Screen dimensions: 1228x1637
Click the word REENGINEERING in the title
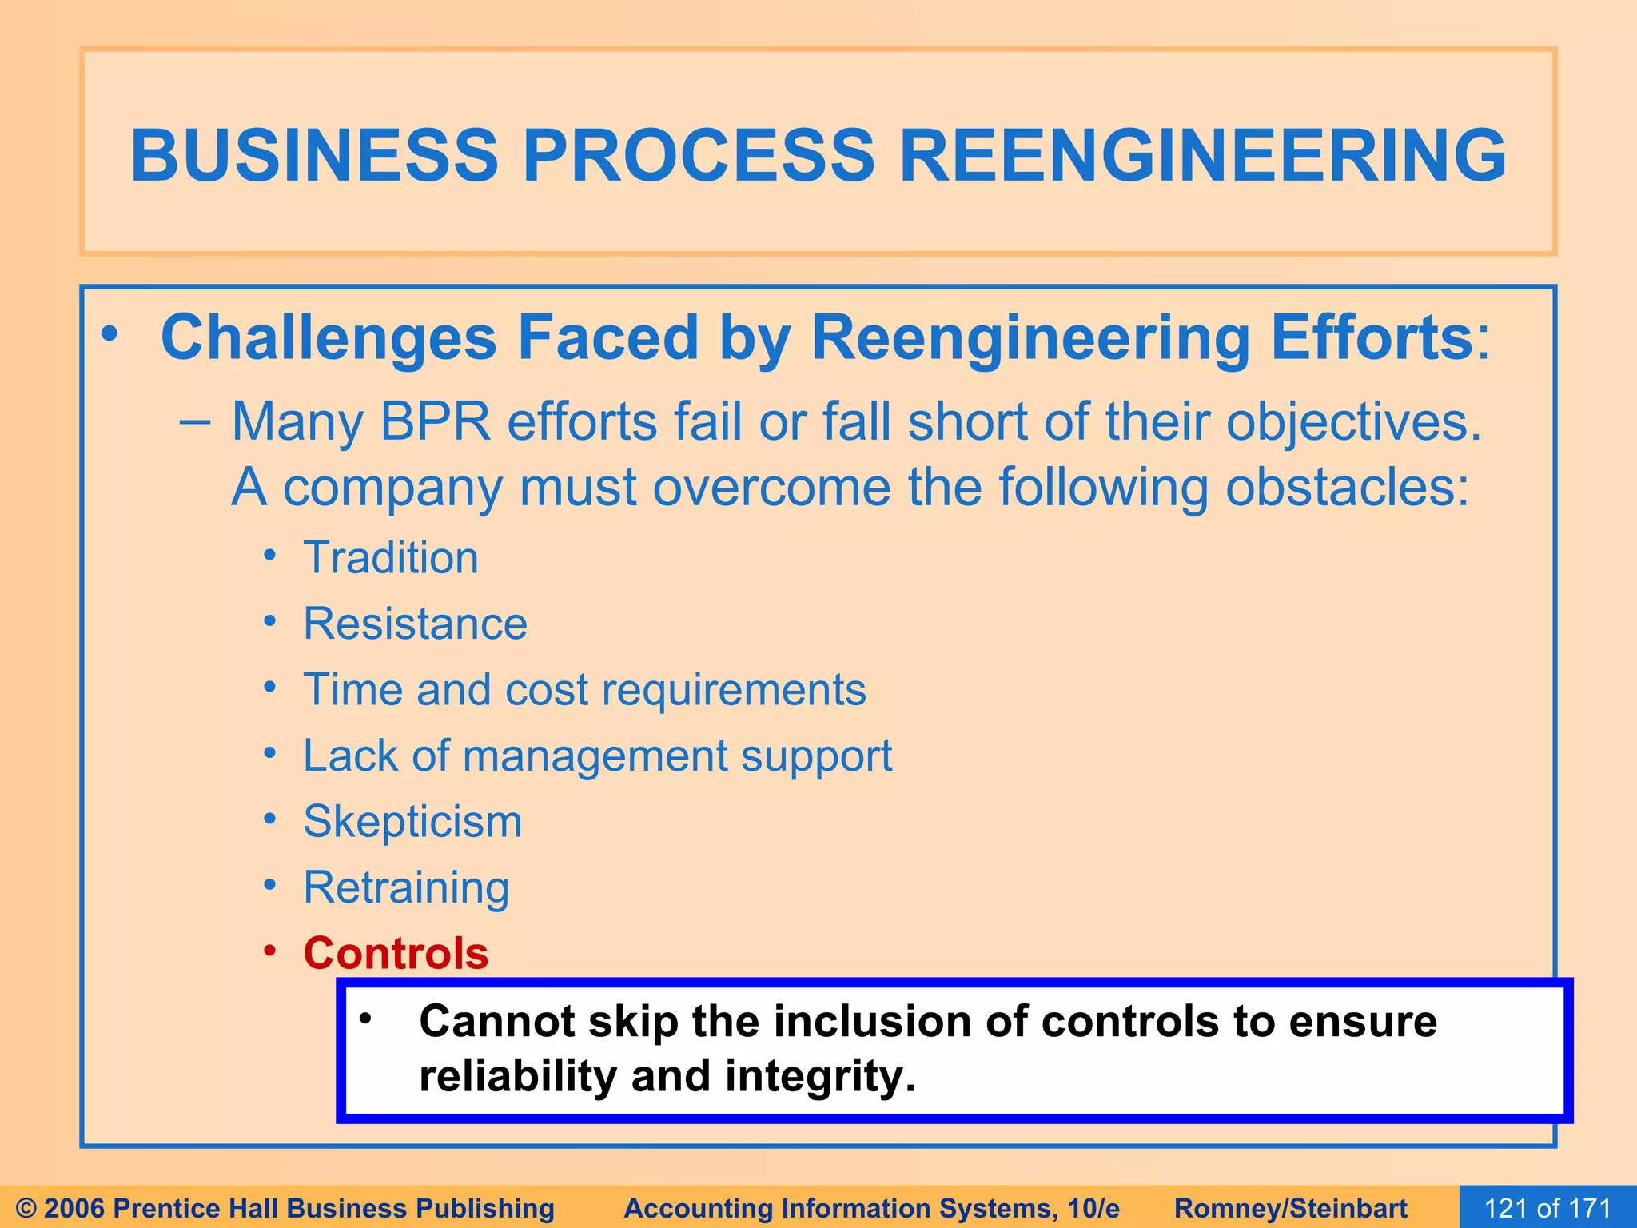pyautogui.click(x=1202, y=155)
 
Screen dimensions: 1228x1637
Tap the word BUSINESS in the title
pyautogui.click(x=315, y=155)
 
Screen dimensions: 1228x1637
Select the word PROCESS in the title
pyautogui.click(x=699, y=155)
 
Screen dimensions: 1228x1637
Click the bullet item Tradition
pyautogui.click(x=390, y=557)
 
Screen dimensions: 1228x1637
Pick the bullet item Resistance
pyautogui.click(x=415, y=624)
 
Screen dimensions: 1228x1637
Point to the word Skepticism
pyautogui.click(x=412, y=821)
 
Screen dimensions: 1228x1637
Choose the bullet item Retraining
pyautogui.click(x=406, y=887)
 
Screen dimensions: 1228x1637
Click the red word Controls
pyautogui.click(x=396, y=953)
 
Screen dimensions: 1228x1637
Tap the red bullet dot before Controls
pyautogui.click(x=270, y=951)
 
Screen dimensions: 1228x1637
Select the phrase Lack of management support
pyautogui.click(x=597, y=756)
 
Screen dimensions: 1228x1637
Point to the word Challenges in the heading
pyautogui.click(x=329, y=337)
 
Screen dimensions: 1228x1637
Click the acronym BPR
pyautogui.click(x=435, y=421)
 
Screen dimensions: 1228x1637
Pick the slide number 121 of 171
pyautogui.click(x=1547, y=1207)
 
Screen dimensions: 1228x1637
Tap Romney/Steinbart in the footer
pyautogui.click(x=1290, y=1208)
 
